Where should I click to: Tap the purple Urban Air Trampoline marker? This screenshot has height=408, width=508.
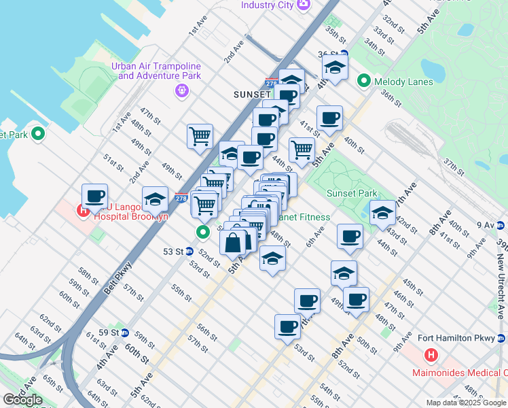181,90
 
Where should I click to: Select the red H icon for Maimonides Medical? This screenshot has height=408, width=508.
431,355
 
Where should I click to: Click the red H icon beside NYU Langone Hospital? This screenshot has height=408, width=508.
84,210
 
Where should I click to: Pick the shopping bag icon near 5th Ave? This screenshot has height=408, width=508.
232,242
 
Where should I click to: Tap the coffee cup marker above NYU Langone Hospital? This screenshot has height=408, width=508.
94,196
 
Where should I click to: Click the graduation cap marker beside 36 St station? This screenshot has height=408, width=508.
335,67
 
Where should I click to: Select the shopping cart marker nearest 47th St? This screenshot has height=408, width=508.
200,135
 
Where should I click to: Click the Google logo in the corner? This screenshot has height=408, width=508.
22,400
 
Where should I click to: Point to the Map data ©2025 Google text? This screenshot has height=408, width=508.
467,403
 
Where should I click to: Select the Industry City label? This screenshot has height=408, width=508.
267,5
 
